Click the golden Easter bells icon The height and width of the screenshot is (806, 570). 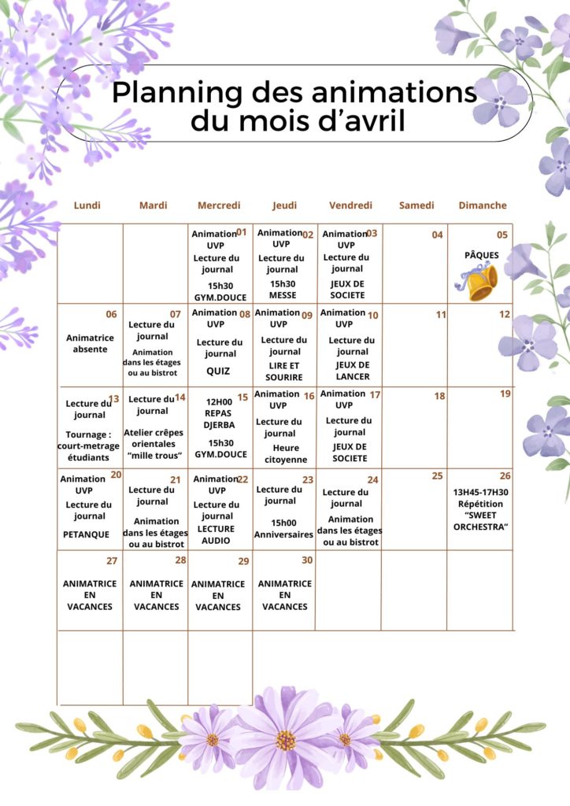click(x=479, y=281)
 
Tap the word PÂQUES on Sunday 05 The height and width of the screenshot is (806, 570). click(x=481, y=255)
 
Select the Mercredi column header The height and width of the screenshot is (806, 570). click(x=219, y=205)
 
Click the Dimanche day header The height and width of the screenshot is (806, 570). click(x=483, y=205)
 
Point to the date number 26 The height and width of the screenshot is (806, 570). click(x=505, y=475)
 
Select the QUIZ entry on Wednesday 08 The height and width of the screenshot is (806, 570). click(x=218, y=371)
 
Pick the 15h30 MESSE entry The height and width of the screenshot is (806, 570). click(x=283, y=290)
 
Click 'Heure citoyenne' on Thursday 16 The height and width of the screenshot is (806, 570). click(x=285, y=453)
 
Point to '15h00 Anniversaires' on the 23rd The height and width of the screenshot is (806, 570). click(x=283, y=528)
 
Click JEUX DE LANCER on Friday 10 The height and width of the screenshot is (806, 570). click(x=352, y=371)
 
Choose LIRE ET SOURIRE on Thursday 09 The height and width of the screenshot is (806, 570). click(x=284, y=372)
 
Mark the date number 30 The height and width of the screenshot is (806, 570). click(x=307, y=560)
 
